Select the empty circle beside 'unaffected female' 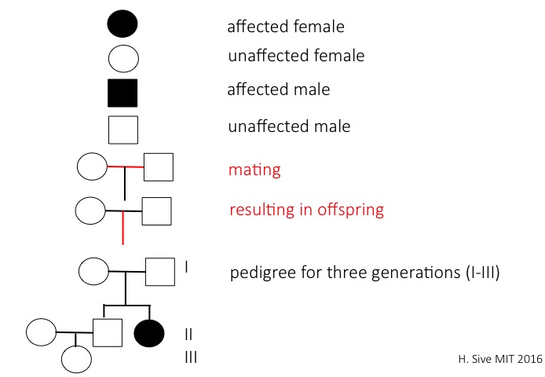click(x=123, y=58)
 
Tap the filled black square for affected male click(x=123, y=93)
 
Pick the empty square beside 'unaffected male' click(x=123, y=130)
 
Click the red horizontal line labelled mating click(x=125, y=167)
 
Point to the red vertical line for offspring click(x=123, y=229)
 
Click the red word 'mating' click(x=254, y=169)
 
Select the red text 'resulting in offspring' click(x=306, y=210)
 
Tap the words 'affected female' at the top click(x=285, y=26)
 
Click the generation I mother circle click(x=94, y=272)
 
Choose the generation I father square click(x=159, y=272)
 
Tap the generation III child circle click(x=76, y=360)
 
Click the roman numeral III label click(x=189, y=358)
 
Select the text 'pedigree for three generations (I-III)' click(x=365, y=274)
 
